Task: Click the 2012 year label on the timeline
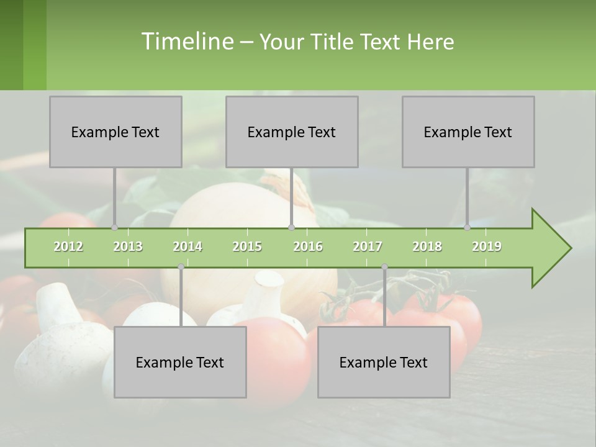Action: coord(68,246)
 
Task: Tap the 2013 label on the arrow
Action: coord(128,246)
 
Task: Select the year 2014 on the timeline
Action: coord(187,246)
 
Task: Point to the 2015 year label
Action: coord(247,246)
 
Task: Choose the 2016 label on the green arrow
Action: coord(308,246)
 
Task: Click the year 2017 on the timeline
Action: coord(368,246)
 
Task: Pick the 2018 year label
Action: coord(427,246)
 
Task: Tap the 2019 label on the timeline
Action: coord(487,246)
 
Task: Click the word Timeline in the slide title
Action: coord(186,42)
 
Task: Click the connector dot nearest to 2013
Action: coord(114,228)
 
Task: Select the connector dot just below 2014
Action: coord(181,266)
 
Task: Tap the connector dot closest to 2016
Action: coord(291,228)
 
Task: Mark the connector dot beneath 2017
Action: coord(384,266)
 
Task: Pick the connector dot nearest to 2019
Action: coord(467,228)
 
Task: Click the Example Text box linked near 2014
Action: coord(180,362)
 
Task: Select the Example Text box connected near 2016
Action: coord(292,132)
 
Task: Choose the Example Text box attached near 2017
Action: coord(384,362)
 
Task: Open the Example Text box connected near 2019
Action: coord(468,132)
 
